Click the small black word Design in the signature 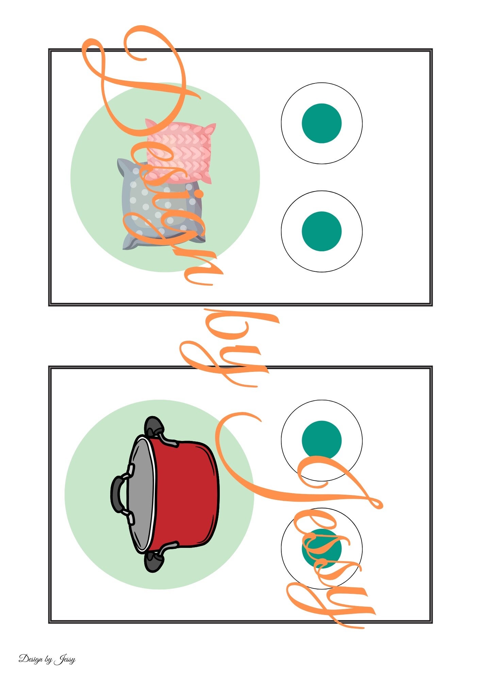pyautogui.click(x=31, y=659)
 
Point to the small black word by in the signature pyautogui.click(x=48, y=660)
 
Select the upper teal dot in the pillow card pyautogui.click(x=321, y=123)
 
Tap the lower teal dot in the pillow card pyautogui.click(x=321, y=231)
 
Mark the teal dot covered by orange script pyautogui.click(x=321, y=549)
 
